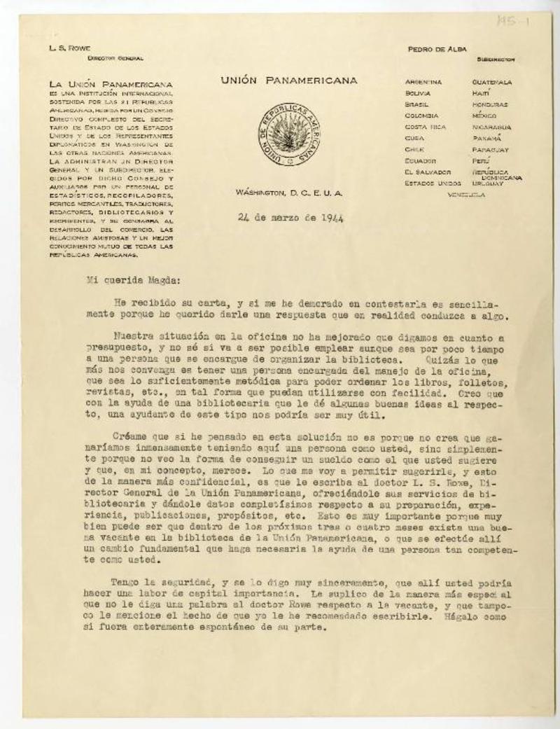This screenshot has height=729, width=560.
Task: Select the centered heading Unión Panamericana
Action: (289, 81)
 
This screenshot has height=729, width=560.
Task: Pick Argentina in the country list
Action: (423, 82)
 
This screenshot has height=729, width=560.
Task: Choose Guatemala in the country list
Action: (492, 82)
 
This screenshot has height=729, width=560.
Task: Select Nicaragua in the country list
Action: (493, 127)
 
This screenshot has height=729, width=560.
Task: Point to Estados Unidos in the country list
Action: (433, 183)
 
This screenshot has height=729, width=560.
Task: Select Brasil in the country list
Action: (417, 104)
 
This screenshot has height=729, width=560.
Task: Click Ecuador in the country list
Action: (419, 161)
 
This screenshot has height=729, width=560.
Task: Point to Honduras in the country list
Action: (491, 104)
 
